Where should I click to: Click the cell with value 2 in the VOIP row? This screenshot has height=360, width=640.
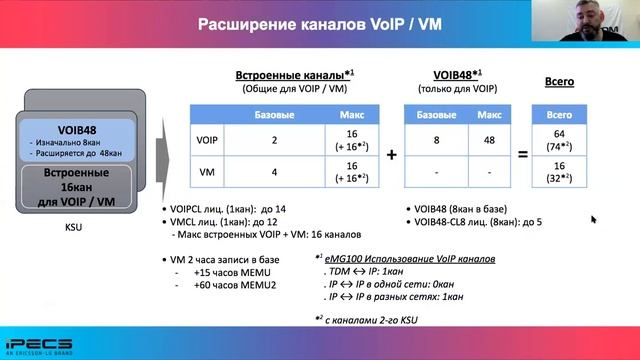coord(261,139)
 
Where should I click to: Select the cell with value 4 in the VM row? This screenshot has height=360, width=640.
coord(261,172)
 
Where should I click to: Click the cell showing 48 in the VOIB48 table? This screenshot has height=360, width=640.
coord(489,139)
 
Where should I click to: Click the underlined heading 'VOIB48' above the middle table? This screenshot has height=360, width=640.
coord(453,75)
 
